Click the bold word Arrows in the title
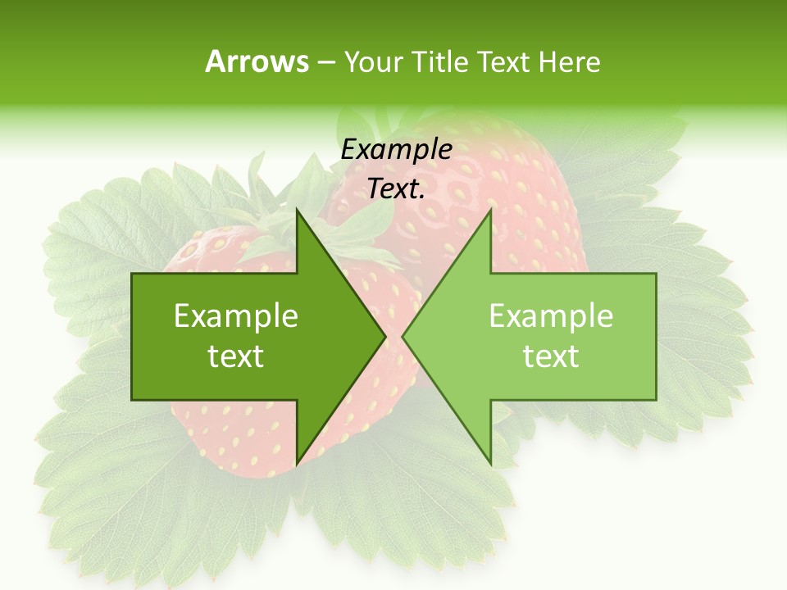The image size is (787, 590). (257, 61)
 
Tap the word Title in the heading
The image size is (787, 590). (439, 61)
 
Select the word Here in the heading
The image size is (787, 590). (568, 61)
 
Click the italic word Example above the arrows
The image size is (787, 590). (396, 150)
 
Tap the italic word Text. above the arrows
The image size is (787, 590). (396, 189)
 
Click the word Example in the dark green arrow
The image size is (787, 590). (236, 315)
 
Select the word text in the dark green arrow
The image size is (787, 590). (236, 356)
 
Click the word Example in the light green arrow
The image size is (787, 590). (551, 315)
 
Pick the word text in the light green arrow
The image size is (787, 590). (551, 356)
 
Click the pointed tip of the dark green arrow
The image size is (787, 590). (385, 337)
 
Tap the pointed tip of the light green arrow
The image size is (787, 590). (403, 337)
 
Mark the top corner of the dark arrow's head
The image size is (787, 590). (297, 209)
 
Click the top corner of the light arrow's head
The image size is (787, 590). (491, 209)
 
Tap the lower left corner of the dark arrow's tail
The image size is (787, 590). (132, 400)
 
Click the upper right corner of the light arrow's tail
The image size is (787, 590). (656, 274)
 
